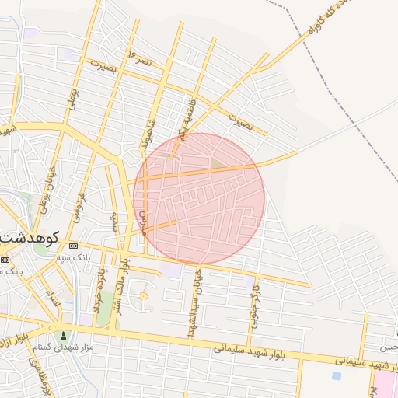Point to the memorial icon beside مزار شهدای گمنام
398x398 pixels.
coord(64,336)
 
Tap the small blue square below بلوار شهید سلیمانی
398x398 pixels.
coord(336,375)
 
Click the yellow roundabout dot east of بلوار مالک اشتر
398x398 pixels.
coord(143,296)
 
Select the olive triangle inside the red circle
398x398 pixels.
coord(215,163)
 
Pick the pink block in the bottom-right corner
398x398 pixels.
coord(384,384)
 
